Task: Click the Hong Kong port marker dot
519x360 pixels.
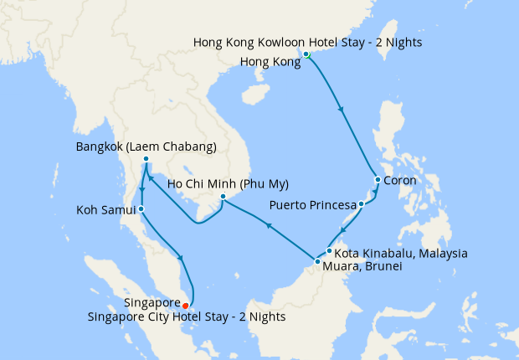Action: (306, 54)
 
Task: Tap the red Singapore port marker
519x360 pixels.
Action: (185, 306)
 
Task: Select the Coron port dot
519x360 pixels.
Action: (378, 180)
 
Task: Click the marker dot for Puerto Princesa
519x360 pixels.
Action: (361, 204)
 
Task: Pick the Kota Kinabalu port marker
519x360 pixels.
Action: (330, 251)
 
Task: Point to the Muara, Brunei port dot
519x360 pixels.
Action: (317, 262)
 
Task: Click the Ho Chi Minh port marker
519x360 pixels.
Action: (223, 198)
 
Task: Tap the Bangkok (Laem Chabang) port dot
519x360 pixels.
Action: (146, 159)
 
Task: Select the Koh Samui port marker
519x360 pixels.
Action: (141, 209)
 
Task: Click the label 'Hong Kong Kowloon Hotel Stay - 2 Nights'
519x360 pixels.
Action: (307, 42)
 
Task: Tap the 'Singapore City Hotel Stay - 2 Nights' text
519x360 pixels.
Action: (187, 316)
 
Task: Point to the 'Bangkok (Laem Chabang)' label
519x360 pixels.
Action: (146, 147)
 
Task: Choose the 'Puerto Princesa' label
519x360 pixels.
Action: (311, 205)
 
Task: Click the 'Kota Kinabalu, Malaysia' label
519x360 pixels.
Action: (401, 253)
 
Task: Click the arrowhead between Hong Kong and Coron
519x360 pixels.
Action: (340, 109)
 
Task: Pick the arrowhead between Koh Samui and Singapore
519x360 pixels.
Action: (181, 257)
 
